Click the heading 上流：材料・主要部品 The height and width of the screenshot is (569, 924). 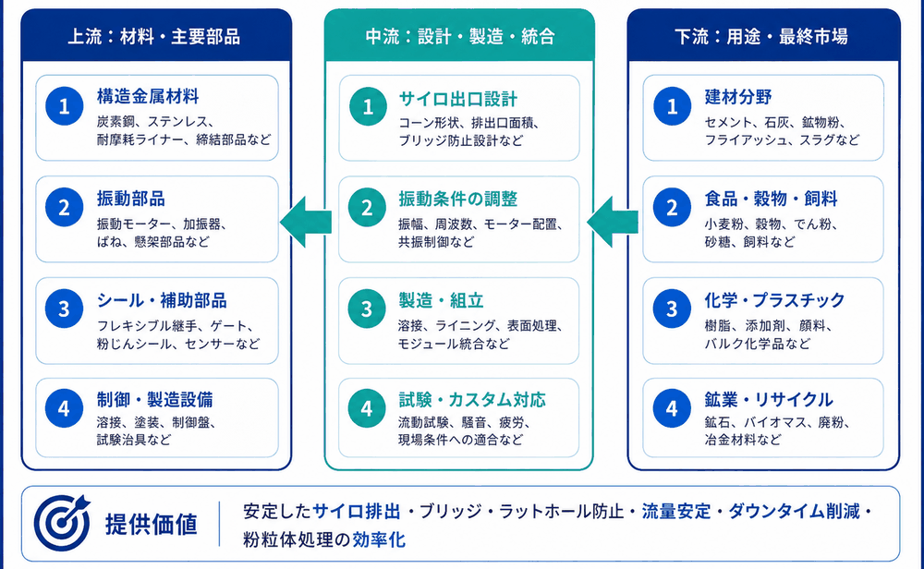[153, 37]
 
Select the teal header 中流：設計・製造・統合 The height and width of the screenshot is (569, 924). [459, 37]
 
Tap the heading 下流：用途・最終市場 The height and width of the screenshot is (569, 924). [761, 37]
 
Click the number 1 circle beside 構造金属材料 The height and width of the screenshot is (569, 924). [65, 106]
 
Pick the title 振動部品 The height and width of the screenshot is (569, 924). [131, 199]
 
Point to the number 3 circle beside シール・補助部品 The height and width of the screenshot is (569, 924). [65, 309]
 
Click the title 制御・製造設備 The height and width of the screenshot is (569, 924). [155, 399]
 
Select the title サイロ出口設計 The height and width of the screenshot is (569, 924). [458, 98]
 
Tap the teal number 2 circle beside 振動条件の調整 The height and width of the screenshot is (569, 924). [367, 207]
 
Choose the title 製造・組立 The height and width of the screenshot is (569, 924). [441, 300]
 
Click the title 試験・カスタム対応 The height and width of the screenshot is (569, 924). [472, 399]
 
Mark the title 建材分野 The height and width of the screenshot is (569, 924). [737, 97]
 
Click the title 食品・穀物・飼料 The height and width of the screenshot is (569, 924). [771, 199]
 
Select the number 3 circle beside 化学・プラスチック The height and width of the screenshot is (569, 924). [672, 309]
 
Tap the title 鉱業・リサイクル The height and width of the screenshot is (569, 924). [769, 399]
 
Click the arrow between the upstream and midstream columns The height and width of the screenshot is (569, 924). [306, 222]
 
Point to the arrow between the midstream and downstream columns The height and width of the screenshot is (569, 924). [613, 222]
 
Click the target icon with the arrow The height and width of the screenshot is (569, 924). [61, 523]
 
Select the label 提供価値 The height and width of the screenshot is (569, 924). [151, 524]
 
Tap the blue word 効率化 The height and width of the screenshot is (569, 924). [379, 539]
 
